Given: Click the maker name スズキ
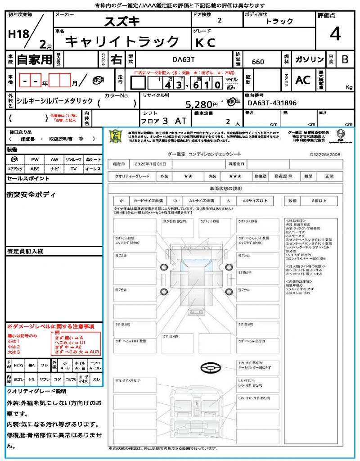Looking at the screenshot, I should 122,21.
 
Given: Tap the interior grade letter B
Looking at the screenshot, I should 345,59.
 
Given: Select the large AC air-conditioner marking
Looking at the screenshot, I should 303,80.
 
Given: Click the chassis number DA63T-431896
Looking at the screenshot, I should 272,103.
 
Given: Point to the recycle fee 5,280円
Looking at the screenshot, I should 202,104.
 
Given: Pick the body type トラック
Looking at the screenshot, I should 279,21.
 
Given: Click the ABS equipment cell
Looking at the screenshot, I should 35,169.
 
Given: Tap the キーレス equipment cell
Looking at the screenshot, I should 93,169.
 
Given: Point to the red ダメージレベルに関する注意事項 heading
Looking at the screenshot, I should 50,325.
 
